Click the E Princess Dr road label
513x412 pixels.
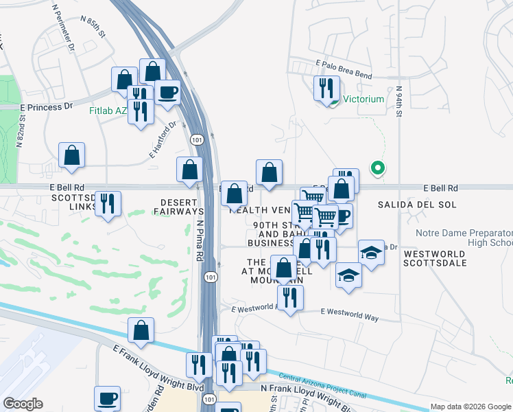(x=47, y=107)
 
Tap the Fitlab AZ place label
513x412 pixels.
(x=108, y=110)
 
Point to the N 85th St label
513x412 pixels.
(x=94, y=31)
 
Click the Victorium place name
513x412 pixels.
(x=363, y=99)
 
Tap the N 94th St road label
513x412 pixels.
(x=398, y=102)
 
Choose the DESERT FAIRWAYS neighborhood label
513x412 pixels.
(x=181, y=207)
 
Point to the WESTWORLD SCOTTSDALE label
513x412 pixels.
(x=434, y=258)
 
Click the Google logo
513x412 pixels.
(x=23, y=404)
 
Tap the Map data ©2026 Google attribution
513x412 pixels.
(x=470, y=407)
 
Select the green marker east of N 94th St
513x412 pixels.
(x=377, y=167)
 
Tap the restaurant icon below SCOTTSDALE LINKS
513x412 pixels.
(x=108, y=203)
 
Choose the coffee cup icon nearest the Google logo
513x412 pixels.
(x=107, y=398)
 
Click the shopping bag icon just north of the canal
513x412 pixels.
(x=141, y=330)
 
